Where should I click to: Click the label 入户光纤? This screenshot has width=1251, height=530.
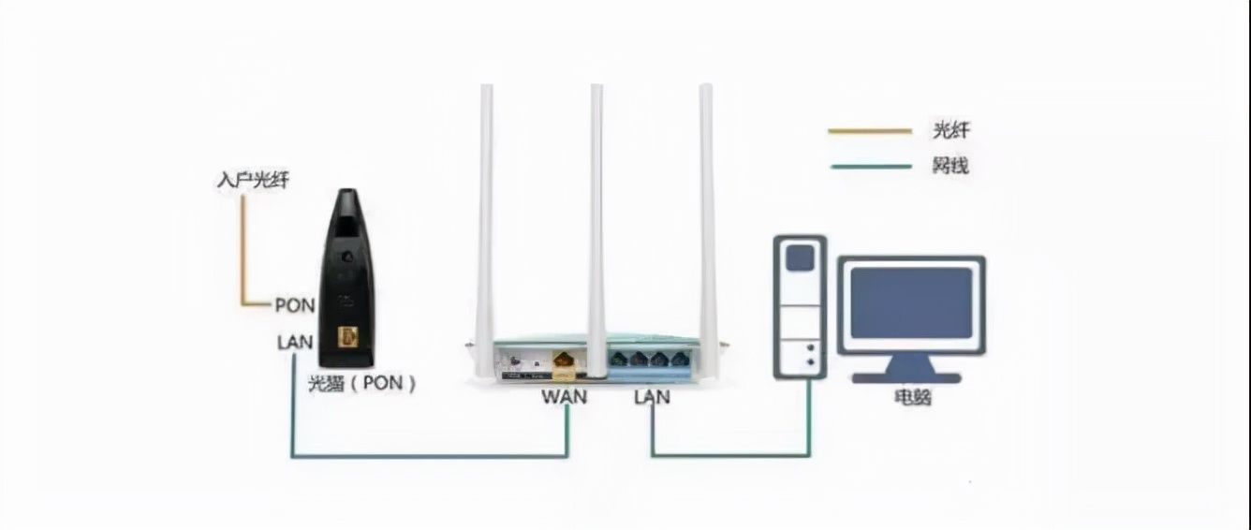(x=253, y=180)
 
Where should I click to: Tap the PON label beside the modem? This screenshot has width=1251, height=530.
(x=296, y=305)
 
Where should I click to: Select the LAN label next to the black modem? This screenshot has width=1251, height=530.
(x=295, y=343)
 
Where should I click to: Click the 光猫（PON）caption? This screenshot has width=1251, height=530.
(x=362, y=383)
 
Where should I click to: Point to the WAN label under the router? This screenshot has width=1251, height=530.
(x=564, y=397)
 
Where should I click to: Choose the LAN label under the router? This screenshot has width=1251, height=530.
(x=652, y=397)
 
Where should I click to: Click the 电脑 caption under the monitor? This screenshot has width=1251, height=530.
(x=913, y=397)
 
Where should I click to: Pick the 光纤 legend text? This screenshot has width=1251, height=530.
(x=951, y=131)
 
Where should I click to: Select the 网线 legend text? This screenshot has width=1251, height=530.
(x=950, y=166)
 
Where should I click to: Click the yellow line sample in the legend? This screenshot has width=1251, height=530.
(x=870, y=131)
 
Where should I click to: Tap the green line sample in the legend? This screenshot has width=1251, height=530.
(x=871, y=167)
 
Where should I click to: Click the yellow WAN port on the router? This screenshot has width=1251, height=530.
(x=565, y=361)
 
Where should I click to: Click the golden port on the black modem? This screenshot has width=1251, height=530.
(x=347, y=337)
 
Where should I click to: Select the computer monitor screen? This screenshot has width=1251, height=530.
(x=911, y=303)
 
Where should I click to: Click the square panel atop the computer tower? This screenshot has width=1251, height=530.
(x=801, y=258)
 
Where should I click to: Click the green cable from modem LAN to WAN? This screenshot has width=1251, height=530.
(x=430, y=456)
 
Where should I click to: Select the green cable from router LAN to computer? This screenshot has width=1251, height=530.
(x=730, y=456)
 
